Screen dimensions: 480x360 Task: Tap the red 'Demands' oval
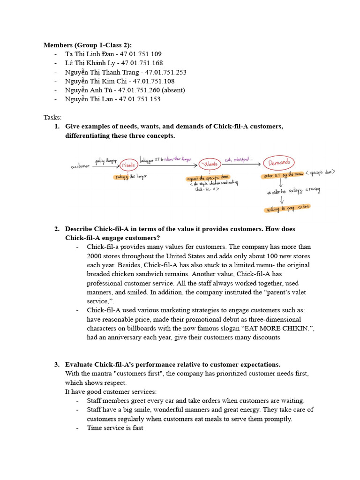[x=279, y=163]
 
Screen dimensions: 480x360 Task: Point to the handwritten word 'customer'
[x=81, y=166]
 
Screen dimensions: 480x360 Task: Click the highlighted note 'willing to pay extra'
[x=282, y=207]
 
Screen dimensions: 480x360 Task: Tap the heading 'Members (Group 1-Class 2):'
[x=88, y=45]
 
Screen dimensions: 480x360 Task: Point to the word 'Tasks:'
[x=52, y=117]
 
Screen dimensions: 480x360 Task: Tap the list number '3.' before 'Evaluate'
[x=57, y=364]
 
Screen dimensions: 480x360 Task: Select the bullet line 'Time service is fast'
[x=115, y=428]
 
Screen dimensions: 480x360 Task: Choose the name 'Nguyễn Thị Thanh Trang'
[x=103, y=72]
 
